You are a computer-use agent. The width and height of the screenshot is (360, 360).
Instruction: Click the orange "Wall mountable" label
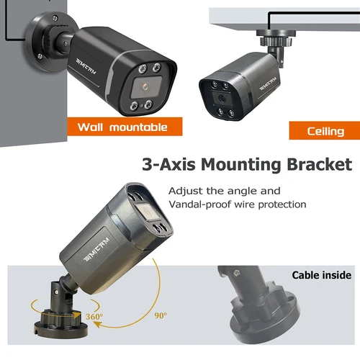click(122, 127)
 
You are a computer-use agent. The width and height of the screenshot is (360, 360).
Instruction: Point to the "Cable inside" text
click(321, 275)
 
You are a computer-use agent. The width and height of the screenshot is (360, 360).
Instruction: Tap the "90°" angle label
click(160, 315)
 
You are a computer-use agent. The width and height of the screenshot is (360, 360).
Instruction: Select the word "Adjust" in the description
click(184, 191)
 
